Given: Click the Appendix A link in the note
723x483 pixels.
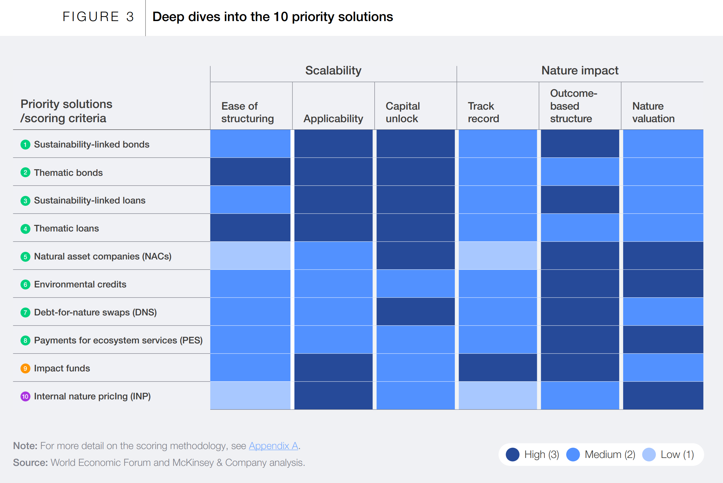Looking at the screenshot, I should tap(273, 446).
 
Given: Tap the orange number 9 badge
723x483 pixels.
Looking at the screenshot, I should tap(25, 368).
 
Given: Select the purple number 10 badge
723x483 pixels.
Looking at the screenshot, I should tap(25, 396).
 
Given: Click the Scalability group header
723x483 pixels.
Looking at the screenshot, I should tap(333, 70).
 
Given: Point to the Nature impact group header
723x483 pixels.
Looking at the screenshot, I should tap(580, 70).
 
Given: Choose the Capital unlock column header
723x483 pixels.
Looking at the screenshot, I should tap(403, 112).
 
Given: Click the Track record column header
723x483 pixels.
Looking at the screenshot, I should tap(483, 112).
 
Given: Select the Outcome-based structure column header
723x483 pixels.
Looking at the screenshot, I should tap(573, 106).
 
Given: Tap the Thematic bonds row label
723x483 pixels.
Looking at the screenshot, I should tap(68, 173).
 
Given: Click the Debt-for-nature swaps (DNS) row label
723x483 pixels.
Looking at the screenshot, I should tap(95, 312).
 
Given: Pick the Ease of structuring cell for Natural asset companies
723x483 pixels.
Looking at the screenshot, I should tap(250, 256).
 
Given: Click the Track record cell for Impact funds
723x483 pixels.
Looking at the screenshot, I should tap(497, 368).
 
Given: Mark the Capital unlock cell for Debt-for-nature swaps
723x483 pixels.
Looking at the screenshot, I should tap(415, 312).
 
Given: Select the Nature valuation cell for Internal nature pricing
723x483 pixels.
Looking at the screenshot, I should tap(663, 396).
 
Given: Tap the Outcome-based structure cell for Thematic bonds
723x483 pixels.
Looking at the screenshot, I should tap(580, 172).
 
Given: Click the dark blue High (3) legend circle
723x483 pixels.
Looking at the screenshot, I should tap(513, 455).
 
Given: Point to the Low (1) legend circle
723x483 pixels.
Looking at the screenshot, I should tap(649, 455).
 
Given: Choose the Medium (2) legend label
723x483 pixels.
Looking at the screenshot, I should tap(610, 455).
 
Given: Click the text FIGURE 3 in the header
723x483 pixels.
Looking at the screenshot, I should tap(98, 17).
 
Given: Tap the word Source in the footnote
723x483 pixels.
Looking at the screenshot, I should tap(30, 463).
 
